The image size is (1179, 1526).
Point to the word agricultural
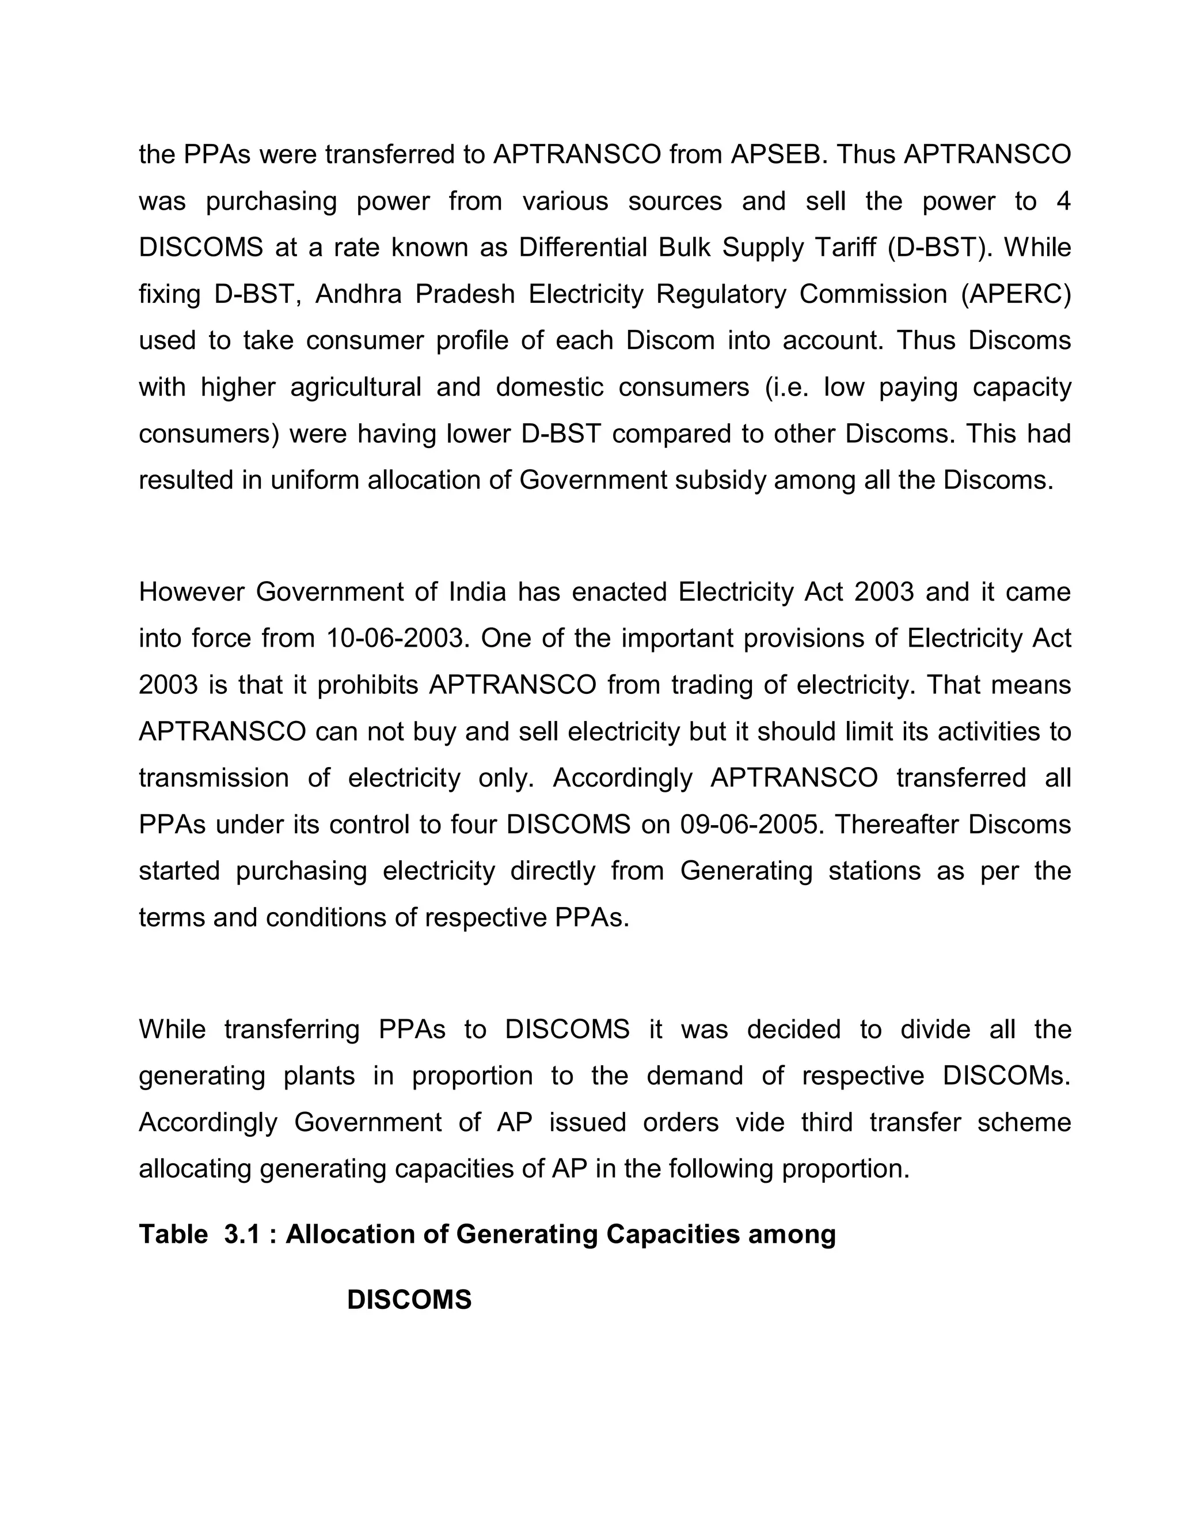356,387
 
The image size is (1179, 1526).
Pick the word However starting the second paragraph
191,592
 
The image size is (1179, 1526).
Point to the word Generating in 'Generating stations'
746,871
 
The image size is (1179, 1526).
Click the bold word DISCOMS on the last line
409,1300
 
